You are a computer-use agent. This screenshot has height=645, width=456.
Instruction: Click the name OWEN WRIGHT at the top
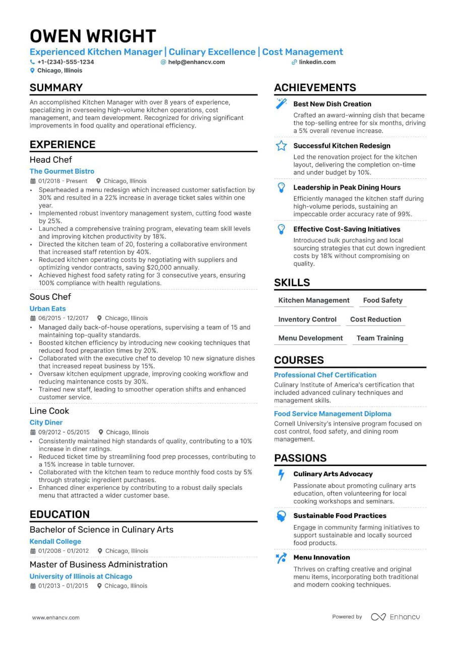tap(93, 36)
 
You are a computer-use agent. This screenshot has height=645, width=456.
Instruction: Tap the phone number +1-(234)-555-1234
tap(66, 62)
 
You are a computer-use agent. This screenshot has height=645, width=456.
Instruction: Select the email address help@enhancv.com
tap(197, 62)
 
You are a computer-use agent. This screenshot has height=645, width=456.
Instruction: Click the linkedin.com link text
tap(317, 62)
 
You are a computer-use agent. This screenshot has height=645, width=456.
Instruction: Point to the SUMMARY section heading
tap(56, 88)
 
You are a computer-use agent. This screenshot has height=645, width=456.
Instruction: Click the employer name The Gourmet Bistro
tap(62, 171)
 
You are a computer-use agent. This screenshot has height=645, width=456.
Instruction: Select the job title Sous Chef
tap(50, 297)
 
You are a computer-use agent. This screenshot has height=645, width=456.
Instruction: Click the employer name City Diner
tap(46, 422)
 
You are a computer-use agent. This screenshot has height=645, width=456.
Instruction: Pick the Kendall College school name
tap(55, 541)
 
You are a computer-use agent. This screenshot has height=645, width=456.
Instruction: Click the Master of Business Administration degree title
tap(99, 564)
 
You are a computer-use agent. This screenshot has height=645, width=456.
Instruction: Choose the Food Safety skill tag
tap(382, 300)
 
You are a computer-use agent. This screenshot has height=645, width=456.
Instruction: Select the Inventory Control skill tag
tap(307, 319)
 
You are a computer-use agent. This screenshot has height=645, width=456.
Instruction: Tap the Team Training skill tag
tap(380, 338)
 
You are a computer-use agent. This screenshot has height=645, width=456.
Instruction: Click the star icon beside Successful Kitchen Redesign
tap(281, 146)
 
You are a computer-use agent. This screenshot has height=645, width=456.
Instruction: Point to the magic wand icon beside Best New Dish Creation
tap(281, 104)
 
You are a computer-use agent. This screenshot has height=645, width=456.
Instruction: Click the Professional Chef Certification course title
tap(325, 375)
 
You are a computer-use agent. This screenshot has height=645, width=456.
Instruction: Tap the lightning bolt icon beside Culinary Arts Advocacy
tap(281, 474)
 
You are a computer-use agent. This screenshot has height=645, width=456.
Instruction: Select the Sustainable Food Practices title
tap(340, 515)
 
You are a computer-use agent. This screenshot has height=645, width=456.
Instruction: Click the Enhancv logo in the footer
tap(396, 617)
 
